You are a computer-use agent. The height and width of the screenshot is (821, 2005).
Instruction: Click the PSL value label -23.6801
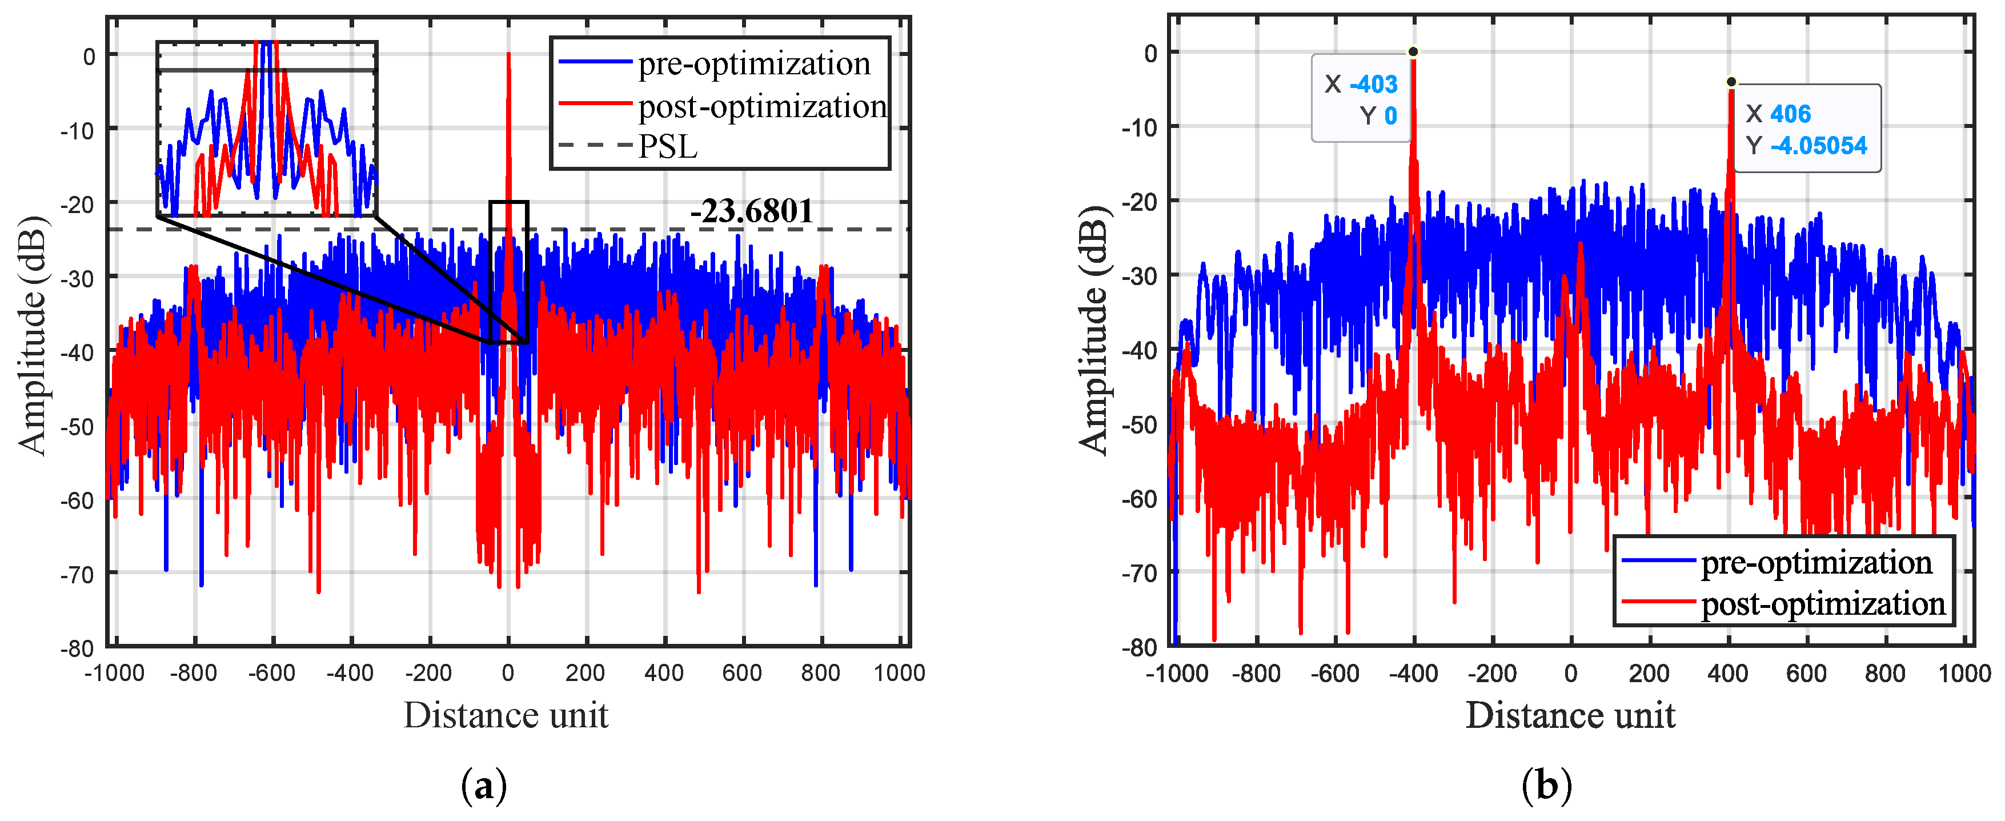point(751,211)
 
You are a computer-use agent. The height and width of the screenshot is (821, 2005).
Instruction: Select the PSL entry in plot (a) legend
point(667,146)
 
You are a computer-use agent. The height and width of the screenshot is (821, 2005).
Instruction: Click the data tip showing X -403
point(1361,98)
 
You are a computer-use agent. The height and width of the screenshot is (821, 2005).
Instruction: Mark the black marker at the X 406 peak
point(1731,82)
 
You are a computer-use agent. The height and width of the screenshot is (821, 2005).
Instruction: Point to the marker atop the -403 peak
point(1413,52)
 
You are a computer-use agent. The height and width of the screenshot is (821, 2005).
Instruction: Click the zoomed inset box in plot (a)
point(267,129)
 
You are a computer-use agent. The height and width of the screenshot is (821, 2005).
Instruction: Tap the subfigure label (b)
point(1546,786)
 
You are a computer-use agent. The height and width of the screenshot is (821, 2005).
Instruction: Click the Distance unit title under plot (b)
point(1570,714)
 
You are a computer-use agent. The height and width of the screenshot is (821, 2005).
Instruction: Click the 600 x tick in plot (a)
point(742,672)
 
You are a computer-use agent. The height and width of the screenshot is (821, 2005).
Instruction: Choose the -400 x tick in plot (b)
point(1413,672)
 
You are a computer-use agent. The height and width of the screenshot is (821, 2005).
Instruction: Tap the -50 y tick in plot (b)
point(1140,425)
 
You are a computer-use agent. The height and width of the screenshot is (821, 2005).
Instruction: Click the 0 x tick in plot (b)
point(1571,672)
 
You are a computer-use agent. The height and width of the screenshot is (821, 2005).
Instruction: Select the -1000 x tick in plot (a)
point(114,672)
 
